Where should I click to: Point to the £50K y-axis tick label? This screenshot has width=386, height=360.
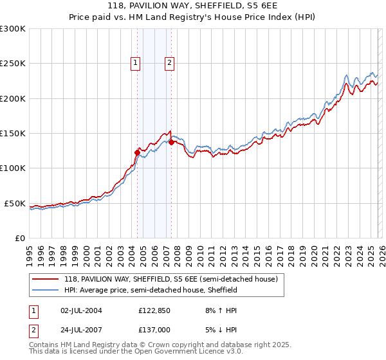coord(15,203)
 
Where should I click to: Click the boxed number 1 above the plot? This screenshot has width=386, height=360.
coord(136,63)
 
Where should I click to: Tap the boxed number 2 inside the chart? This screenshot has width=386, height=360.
coord(169,63)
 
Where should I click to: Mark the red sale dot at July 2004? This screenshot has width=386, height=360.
coord(137,152)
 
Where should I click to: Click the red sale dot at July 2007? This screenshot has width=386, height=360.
coord(171,143)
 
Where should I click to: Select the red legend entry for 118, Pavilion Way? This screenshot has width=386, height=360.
coord(170,279)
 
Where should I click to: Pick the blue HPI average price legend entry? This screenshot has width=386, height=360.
coord(151,290)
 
